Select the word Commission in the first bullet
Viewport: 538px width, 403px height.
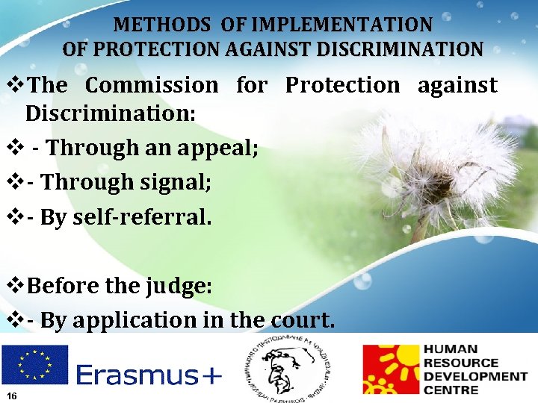click(152, 85)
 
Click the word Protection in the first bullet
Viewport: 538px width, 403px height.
click(343, 85)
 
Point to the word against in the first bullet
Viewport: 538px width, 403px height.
click(457, 85)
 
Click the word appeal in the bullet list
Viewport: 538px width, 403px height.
click(217, 148)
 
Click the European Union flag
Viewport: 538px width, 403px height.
click(34, 364)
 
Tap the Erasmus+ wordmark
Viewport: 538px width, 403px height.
click(149, 375)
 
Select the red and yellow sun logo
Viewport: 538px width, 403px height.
click(390, 369)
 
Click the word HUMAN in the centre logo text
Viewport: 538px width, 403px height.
click(451, 349)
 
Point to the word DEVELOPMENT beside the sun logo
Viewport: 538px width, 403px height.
click(475, 376)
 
